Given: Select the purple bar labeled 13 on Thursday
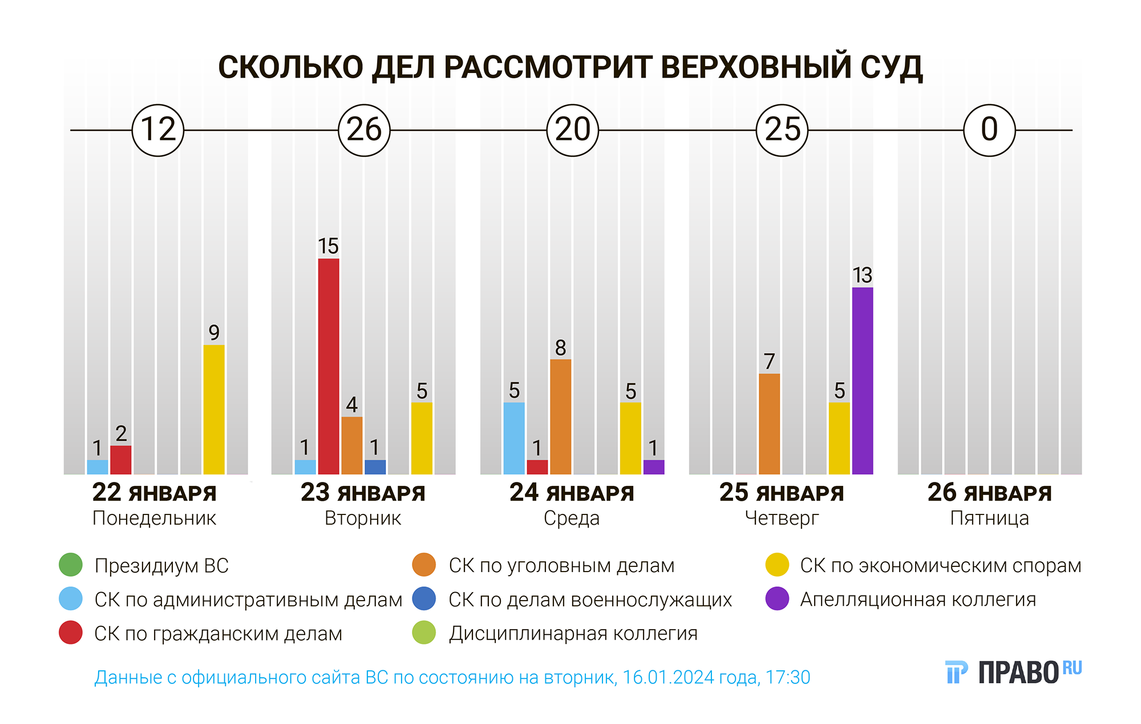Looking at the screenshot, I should pyautogui.click(x=863, y=381).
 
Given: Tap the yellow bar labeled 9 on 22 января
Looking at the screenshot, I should pyautogui.click(x=214, y=409).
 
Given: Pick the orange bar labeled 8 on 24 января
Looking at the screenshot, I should pyautogui.click(x=560, y=417).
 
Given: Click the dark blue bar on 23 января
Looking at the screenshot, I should pyautogui.click(x=375, y=467).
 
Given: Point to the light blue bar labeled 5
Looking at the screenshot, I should pyautogui.click(x=514, y=438).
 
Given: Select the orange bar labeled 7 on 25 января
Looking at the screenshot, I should pyautogui.click(x=769, y=424).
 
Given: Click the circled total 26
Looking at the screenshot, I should pyautogui.click(x=364, y=130).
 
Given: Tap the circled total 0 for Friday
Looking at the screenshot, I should pyautogui.click(x=989, y=130).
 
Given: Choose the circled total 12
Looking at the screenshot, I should pyautogui.click(x=158, y=130).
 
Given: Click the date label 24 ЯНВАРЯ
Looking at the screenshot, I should pyautogui.click(x=572, y=493).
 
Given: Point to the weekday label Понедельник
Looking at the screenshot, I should pyautogui.click(x=154, y=518).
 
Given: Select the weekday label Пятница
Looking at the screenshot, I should pyautogui.click(x=989, y=518).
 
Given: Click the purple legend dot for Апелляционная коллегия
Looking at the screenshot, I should pyautogui.click(x=777, y=599).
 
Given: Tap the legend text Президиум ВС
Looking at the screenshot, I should pyautogui.click(x=161, y=565).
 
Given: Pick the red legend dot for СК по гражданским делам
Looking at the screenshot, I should pyautogui.click(x=71, y=633).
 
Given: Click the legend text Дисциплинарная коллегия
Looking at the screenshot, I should pyautogui.click(x=573, y=633).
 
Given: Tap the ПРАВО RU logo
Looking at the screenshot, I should pyautogui.click(x=1013, y=672).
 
